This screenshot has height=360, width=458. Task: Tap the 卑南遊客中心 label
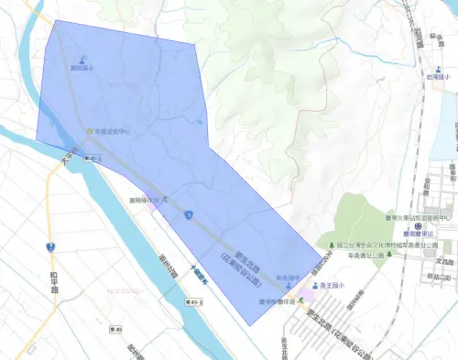tap(113, 131)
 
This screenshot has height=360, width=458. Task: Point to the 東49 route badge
tap(114, 330)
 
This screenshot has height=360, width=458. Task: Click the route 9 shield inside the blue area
tap(187, 215)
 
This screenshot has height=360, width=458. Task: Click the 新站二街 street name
tap(439, 275)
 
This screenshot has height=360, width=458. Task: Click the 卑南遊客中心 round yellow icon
tap(90, 131)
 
